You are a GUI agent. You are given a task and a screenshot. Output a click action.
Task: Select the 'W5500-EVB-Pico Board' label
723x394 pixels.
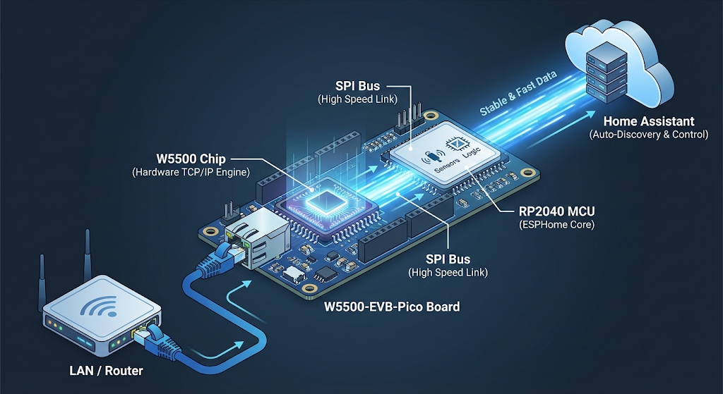392,307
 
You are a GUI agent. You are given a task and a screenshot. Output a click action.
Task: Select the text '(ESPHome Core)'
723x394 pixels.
553,225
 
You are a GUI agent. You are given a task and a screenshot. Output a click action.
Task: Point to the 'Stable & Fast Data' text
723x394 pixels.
518,94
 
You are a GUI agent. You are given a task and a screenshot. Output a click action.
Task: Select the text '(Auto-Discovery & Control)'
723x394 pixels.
649,134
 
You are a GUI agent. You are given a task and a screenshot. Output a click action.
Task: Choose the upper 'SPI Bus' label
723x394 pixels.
359,87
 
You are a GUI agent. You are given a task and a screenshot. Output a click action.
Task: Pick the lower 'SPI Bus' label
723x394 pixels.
448,259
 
